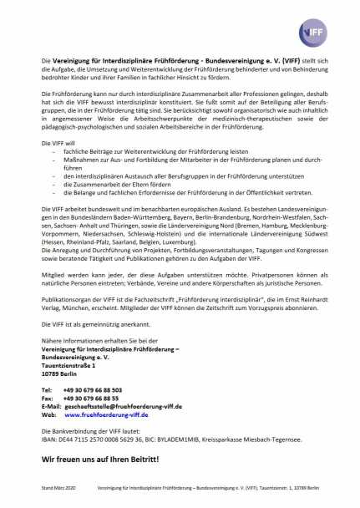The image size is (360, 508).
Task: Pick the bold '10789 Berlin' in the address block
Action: click(61, 373)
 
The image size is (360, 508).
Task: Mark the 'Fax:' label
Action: click(48, 398)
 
